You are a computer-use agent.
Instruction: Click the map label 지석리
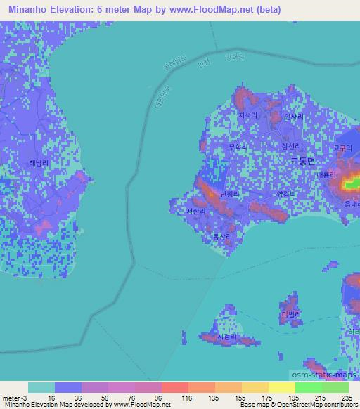click(247, 115)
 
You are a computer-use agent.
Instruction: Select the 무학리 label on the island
click(238, 147)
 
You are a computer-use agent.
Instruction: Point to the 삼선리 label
click(290, 146)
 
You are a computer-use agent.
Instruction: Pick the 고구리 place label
click(342, 148)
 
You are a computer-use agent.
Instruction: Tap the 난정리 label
click(230, 194)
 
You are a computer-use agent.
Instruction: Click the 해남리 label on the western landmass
click(39, 162)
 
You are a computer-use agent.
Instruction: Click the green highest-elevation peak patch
click(350, 185)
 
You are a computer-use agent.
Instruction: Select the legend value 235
click(345, 397)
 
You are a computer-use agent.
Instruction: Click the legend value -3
click(18, 397)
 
